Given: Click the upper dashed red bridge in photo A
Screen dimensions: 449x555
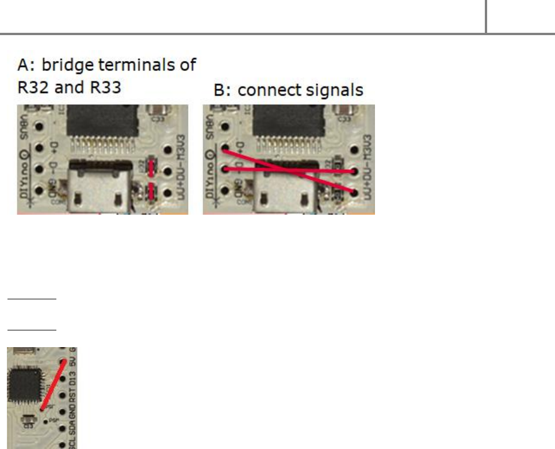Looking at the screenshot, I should [152, 168].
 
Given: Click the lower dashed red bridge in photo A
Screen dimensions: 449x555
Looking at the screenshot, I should [152, 191].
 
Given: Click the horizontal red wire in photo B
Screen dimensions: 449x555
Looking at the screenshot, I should [288, 170].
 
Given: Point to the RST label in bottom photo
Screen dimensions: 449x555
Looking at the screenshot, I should [72, 398].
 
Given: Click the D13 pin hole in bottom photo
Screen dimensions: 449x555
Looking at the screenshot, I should [61, 381].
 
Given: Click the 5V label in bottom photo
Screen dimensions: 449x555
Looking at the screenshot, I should [72, 364].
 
